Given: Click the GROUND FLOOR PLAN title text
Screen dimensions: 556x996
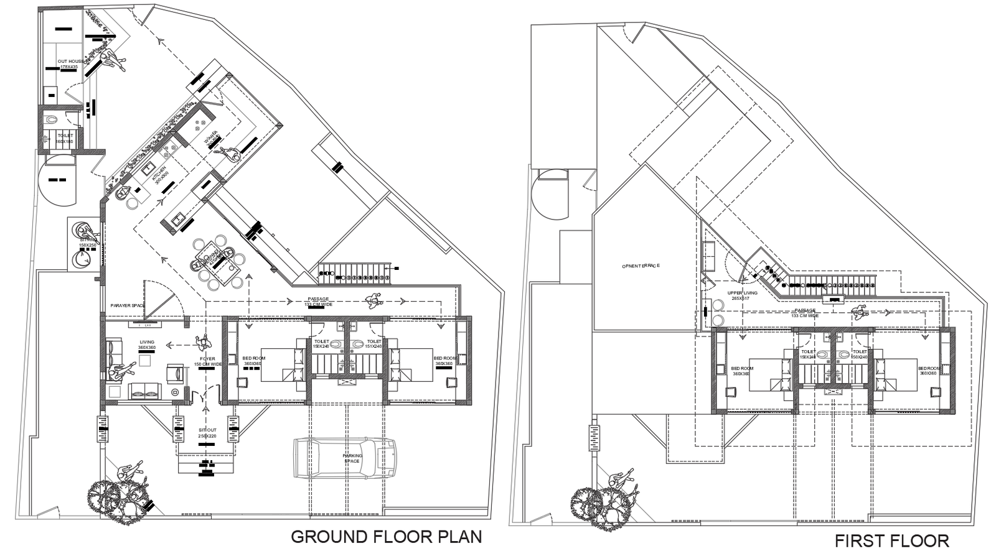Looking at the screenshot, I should point(386,536).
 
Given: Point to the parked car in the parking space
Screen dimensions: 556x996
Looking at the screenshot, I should point(345,458).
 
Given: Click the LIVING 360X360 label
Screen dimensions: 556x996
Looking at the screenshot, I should point(147,344).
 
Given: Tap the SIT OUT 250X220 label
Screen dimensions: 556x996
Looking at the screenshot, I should point(207,433).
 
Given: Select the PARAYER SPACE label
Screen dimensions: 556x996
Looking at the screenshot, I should point(128,306).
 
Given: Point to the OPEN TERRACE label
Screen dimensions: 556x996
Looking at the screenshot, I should point(640,266).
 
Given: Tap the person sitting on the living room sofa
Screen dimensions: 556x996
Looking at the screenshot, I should point(121,371).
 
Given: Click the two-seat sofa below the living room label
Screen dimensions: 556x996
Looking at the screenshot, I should point(144,391).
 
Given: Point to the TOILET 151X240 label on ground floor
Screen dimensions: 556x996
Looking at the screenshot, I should point(374,344).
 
